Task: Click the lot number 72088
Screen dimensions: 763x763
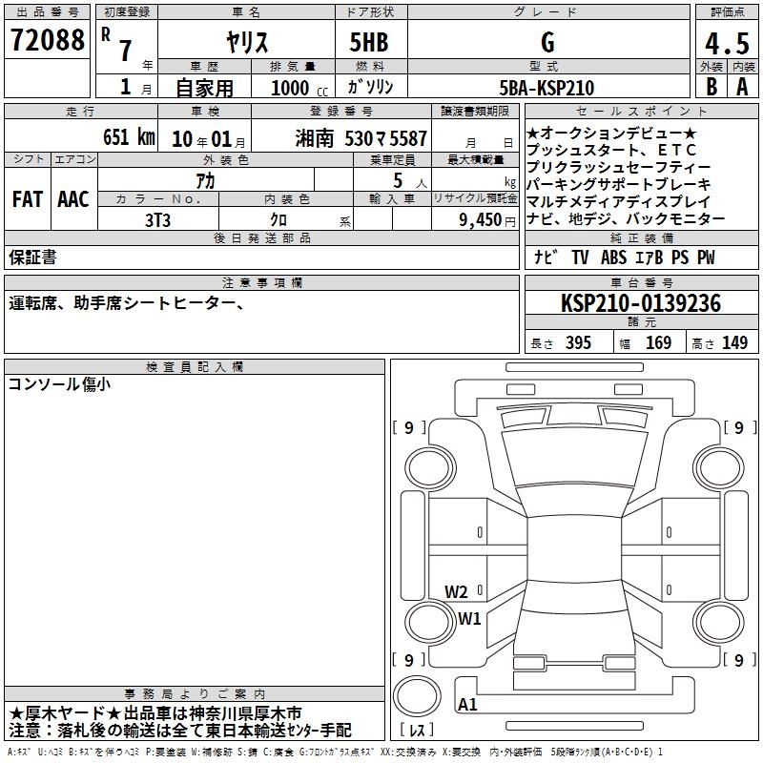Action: (x=47, y=40)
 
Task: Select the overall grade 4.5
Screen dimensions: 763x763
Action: (x=727, y=43)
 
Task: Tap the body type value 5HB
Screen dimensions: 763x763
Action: (x=369, y=42)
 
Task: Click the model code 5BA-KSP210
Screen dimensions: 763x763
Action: (x=546, y=88)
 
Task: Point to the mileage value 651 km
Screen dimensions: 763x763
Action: (x=129, y=136)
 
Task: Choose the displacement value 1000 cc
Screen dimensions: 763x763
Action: (x=299, y=88)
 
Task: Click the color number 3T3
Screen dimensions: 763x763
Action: (x=157, y=220)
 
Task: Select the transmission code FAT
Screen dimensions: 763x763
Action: (x=28, y=199)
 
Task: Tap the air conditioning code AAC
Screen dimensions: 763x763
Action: (x=73, y=199)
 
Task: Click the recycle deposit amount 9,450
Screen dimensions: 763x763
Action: (x=481, y=220)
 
